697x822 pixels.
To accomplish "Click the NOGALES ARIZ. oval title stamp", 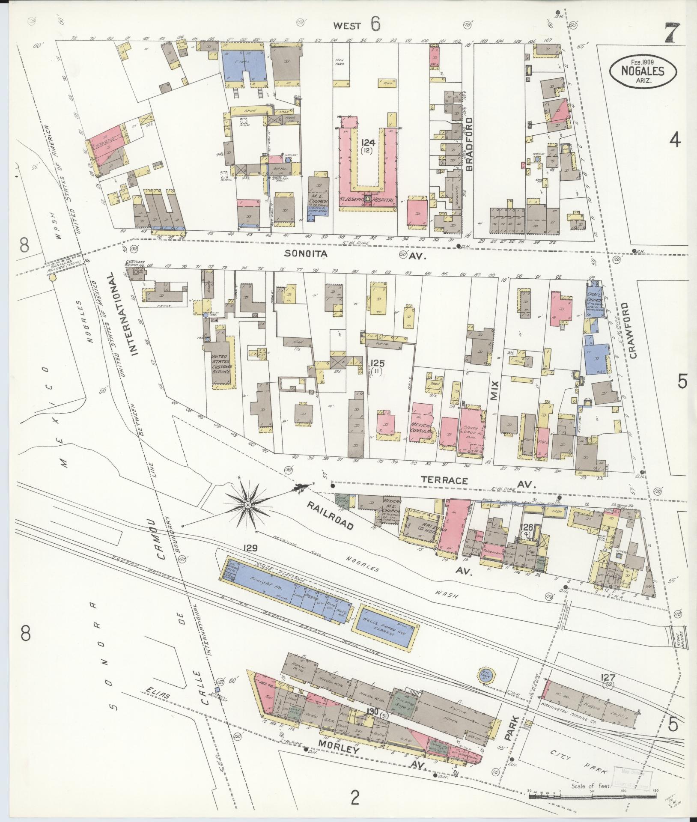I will pos(643,71).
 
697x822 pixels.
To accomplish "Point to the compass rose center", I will pos(248,506).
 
